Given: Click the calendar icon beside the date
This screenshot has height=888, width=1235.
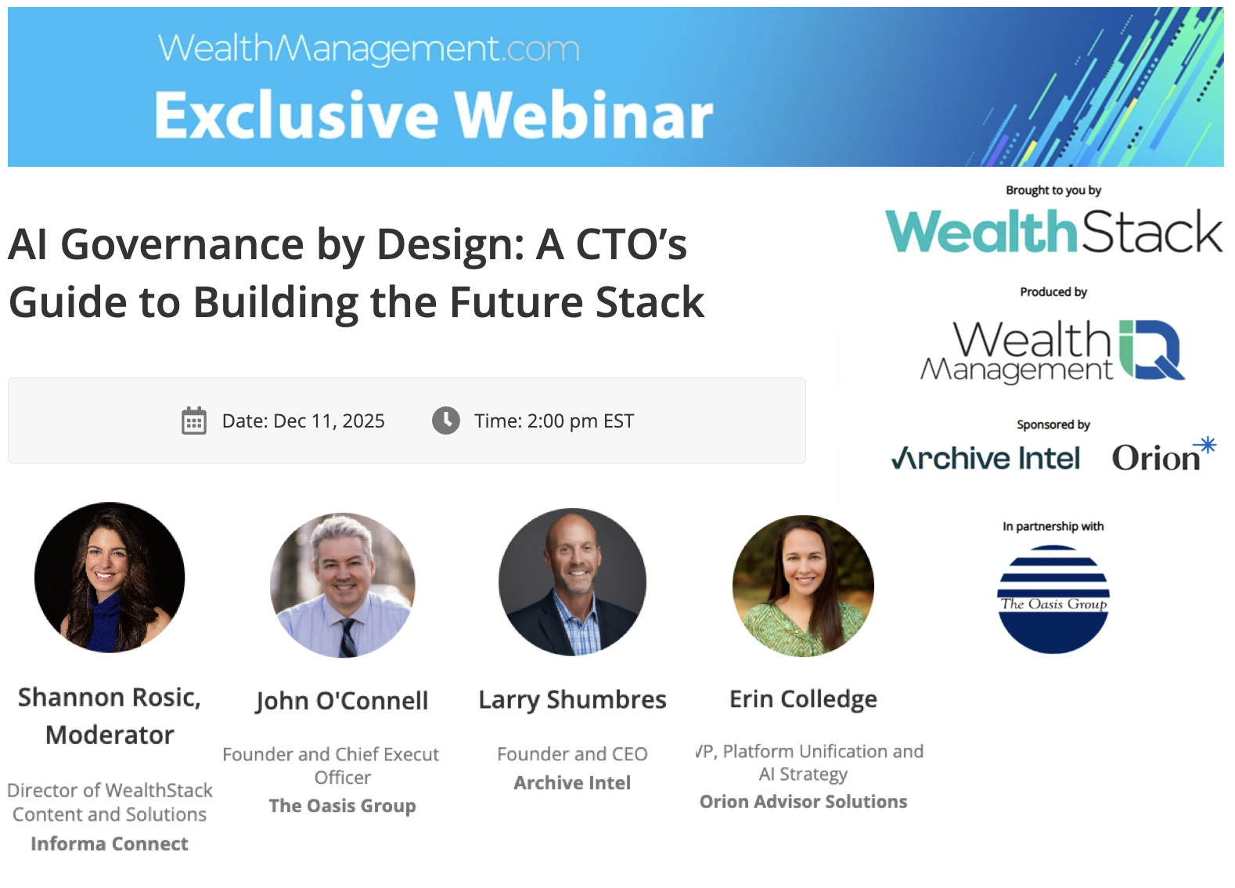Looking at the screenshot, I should click(x=194, y=421).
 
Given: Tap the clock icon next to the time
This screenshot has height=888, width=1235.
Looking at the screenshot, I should click(x=446, y=421).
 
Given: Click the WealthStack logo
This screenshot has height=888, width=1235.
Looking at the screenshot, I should click(x=1053, y=232).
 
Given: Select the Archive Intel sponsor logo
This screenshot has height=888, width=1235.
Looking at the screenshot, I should click(x=985, y=458).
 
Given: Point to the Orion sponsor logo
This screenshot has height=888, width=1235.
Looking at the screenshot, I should click(x=1163, y=457).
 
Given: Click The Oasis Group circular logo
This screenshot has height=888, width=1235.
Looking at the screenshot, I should click(x=1053, y=599).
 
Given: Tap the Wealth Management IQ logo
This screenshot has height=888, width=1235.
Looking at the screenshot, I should click(x=1053, y=350).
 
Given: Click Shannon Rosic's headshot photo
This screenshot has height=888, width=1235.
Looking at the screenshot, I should click(x=110, y=577).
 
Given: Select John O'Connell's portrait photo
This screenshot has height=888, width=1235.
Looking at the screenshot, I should click(x=343, y=585).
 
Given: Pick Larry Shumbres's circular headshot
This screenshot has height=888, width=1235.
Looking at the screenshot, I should click(x=573, y=582).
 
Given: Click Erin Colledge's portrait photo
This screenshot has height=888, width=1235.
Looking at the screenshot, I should click(x=803, y=585).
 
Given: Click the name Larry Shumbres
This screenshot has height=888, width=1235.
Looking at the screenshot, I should click(x=573, y=699).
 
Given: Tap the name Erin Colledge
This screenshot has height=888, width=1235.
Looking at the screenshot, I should click(x=803, y=698).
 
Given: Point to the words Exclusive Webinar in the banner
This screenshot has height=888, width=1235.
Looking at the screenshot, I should click(x=434, y=115).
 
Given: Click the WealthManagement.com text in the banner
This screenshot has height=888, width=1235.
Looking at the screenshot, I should click(x=369, y=49).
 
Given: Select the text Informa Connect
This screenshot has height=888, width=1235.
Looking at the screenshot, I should click(x=110, y=843).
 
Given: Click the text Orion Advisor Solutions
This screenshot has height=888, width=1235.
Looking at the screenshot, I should click(x=803, y=801).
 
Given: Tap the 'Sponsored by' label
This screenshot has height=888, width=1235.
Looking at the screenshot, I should click(x=1053, y=424).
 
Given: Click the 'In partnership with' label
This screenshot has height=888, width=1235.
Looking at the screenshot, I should click(x=1053, y=526).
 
